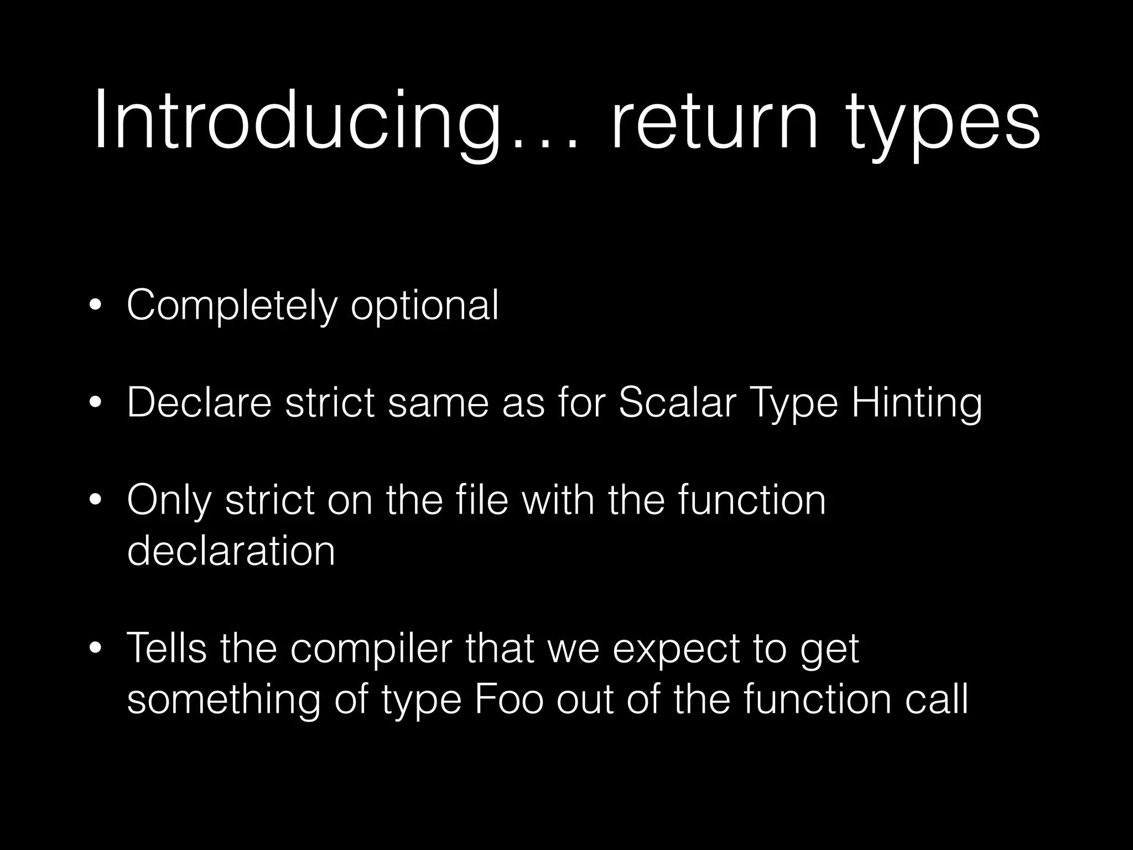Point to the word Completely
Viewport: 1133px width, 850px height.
(231, 305)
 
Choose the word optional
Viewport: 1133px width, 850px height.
(425, 305)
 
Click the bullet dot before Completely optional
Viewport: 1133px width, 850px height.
(96, 306)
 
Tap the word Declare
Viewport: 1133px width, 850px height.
(199, 402)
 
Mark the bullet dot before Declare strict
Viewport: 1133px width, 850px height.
(96, 403)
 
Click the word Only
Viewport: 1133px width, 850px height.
(169, 500)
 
